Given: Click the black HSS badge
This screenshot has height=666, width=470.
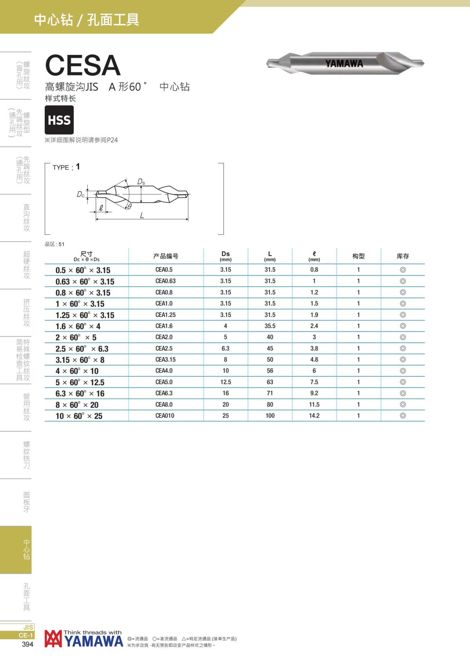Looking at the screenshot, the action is click(x=59, y=120).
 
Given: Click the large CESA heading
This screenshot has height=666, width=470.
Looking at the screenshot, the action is click(x=83, y=65).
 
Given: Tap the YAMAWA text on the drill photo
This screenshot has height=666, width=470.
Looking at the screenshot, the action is click(x=344, y=64).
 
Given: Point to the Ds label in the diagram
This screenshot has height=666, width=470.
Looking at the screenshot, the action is click(x=141, y=181).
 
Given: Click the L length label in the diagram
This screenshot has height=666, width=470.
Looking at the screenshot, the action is click(x=142, y=215).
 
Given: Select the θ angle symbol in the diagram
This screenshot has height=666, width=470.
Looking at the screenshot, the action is click(x=130, y=207).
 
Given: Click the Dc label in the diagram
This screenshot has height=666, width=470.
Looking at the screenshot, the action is click(x=80, y=195).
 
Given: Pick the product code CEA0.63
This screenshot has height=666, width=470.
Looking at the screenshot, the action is click(x=165, y=281).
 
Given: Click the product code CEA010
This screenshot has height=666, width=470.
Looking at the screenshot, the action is click(x=165, y=416).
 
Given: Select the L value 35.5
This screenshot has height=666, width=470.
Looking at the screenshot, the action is click(x=270, y=326).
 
